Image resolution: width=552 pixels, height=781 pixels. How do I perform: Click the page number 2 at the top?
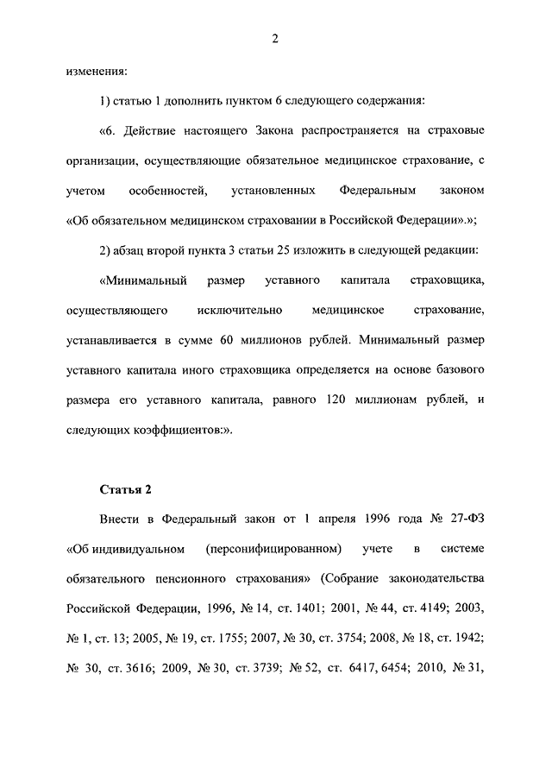click(274, 37)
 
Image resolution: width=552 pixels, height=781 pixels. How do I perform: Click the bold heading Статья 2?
click(126, 489)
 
